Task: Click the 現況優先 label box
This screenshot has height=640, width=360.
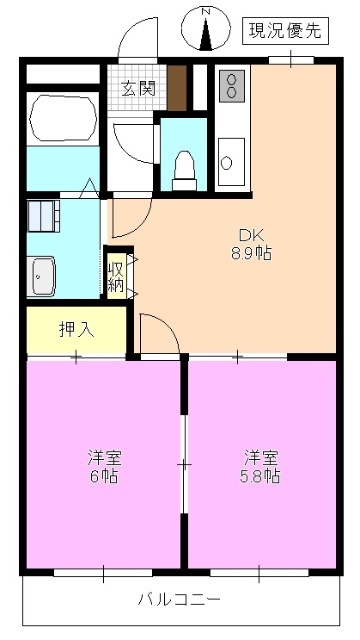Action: pyautogui.click(x=285, y=31)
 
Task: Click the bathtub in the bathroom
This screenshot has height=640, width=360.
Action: pyautogui.click(x=63, y=118)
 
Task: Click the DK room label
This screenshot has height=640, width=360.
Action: pyautogui.click(x=249, y=236)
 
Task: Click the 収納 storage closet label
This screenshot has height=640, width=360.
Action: pyautogui.click(x=117, y=273)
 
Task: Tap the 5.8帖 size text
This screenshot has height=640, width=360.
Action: pyautogui.click(x=260, y=476)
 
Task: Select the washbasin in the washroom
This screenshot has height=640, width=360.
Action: pyautogui.click(x=44, y=275)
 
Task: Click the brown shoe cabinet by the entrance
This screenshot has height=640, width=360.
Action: pyautogui.click(x=177, y=88)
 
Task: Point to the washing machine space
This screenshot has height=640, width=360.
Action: pyautogui.click(x=43, y=215)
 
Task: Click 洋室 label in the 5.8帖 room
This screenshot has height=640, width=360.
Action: pyautogui.click(x=260, y=457)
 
